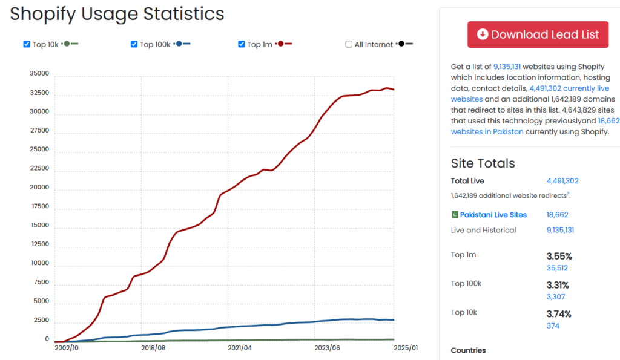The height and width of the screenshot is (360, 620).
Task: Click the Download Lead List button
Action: [538, 34]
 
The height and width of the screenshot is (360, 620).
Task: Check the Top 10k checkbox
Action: [27, 44]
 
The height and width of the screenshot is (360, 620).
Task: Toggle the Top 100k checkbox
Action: [134, 44]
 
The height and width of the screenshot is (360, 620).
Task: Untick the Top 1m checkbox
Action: [242, 44]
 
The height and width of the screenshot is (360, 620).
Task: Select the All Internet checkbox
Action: [349, 44]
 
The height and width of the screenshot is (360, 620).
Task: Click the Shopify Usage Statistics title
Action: [117, 14]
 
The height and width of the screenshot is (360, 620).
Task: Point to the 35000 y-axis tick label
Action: [39, 74]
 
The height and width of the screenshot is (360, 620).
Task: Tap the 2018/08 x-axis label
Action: [153, 348]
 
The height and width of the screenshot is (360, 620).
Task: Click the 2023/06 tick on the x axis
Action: [327, 348]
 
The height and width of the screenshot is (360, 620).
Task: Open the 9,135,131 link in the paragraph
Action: [507, 67]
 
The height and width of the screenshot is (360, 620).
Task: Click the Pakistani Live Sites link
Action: [493, 215]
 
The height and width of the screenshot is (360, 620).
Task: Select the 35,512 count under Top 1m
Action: [557, 268]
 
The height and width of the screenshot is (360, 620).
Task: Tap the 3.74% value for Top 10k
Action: [558, 313]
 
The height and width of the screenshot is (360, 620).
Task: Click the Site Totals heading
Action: [483, 163]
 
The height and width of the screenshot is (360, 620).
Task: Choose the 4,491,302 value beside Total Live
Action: [562, 181]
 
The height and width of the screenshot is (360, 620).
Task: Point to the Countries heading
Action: [468, 350]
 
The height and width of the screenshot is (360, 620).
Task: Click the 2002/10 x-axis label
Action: [66, 348]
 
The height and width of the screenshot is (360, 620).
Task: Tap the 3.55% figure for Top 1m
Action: [558, 256]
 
